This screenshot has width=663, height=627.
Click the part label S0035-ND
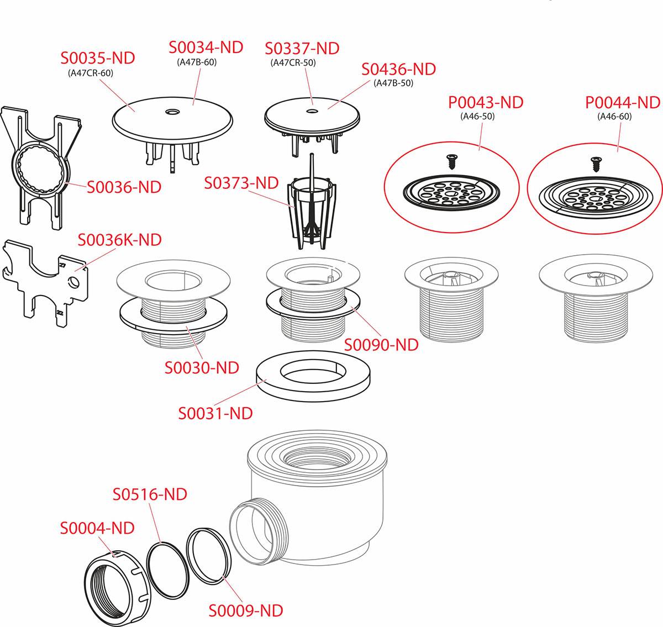(x=98, y=58)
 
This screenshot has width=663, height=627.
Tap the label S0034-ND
(x=206, y=47)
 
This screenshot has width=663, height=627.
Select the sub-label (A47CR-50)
(x=293, y=63)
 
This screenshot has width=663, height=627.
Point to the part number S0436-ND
(x=398, y=69)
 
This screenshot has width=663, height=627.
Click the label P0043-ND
(x=486, y=103)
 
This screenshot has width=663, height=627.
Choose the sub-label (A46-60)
(x=614, y=117)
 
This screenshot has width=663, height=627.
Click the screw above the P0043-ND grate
(x=451, y=161)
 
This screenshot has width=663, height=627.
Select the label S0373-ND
(x=241, y=183)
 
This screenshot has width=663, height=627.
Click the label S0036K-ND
(x=120, y=240)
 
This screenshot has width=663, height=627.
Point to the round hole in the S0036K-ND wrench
(x=73, y=282)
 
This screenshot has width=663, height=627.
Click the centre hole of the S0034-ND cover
(x=172, y=111)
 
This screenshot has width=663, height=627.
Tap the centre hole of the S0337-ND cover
(x=312, y=111)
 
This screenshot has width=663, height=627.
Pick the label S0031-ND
(x=215, y=413)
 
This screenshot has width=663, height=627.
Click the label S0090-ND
(x=381, y=345)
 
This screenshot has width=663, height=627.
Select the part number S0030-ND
(x=202, y=367)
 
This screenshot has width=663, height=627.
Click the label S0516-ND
(x=150, y=494)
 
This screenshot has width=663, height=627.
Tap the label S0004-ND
(x=97, y=528)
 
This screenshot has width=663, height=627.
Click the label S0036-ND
(x=124, y=187)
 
